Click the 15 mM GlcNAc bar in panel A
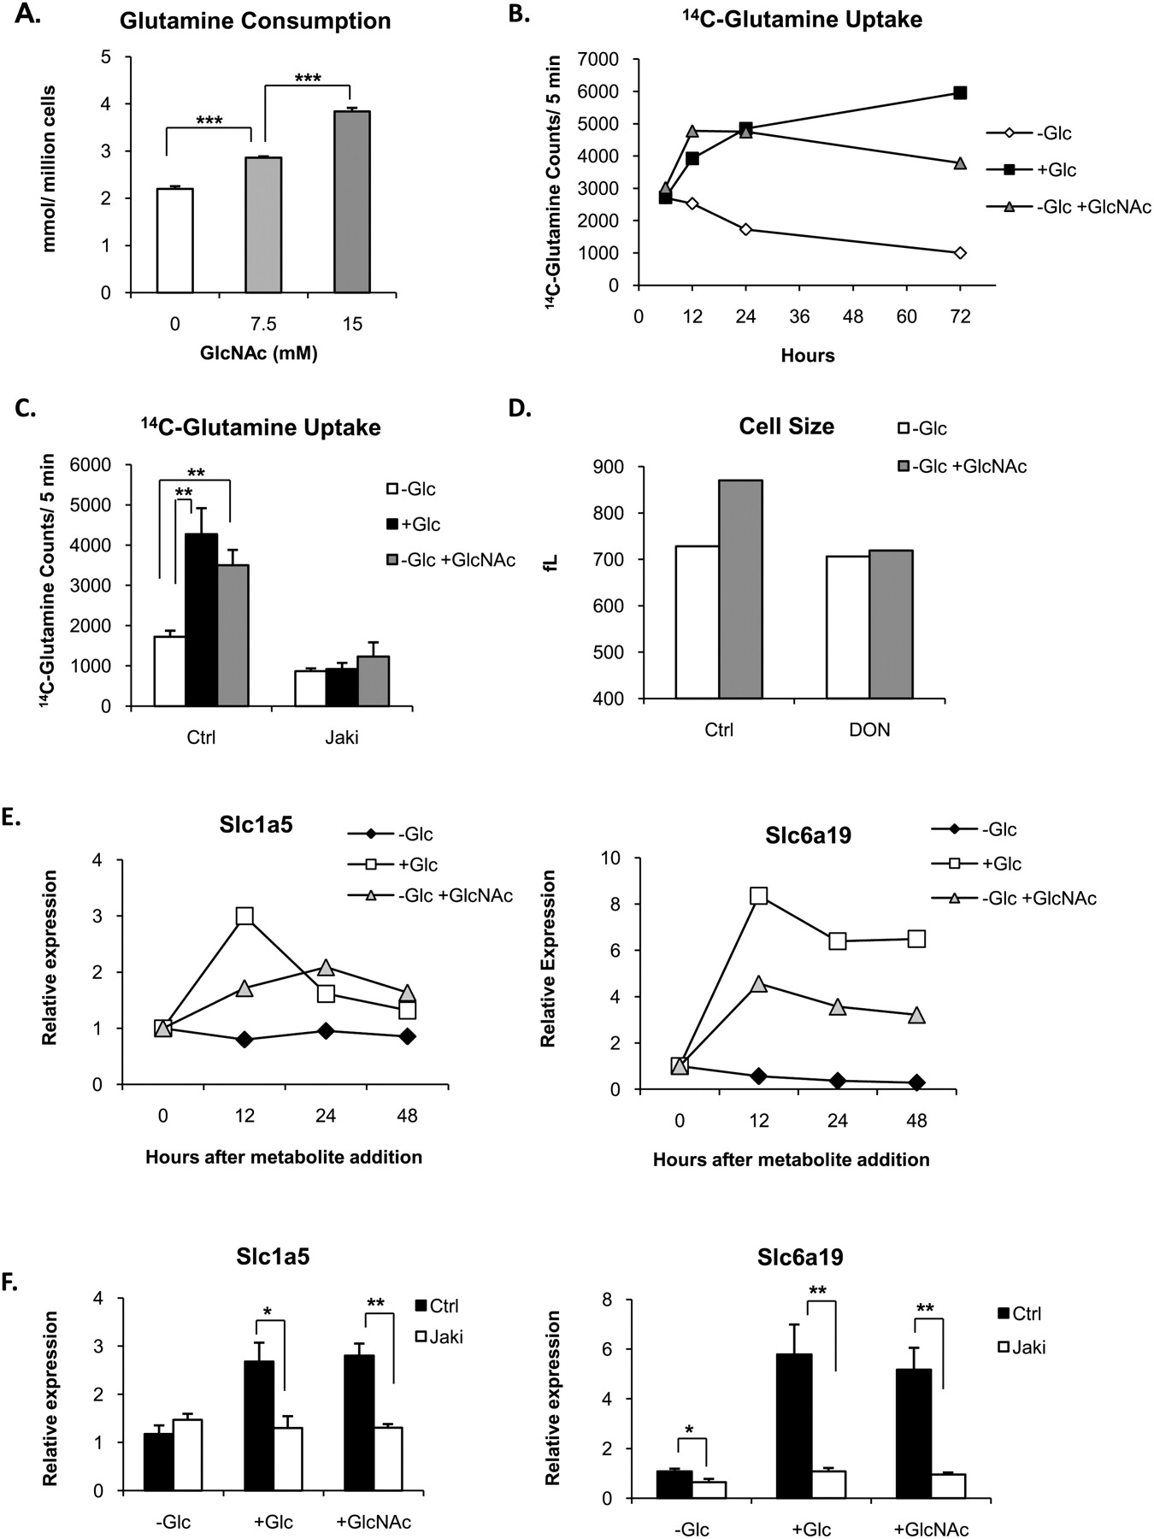click(x=352, y=203)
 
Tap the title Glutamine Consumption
click(x=255, y=21)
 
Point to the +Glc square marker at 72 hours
click(x=960, y=92)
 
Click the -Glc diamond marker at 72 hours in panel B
click(x=960, y=252)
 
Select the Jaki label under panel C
click(x=342, y=737)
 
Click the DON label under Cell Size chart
click(x=870, y=731)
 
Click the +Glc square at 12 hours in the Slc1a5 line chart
click(x=244, y=916)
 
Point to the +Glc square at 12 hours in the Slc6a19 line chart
click(x=758, y=895)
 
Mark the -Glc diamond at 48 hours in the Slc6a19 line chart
click(x=916, y=1082)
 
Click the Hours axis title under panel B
click(x=807, y=355)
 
